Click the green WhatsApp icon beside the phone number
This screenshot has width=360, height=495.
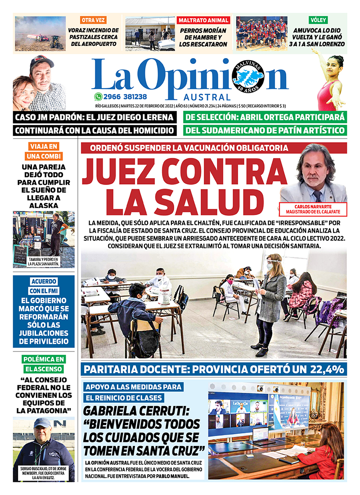pos(98,96)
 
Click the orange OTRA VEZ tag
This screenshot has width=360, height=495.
pos(93,20)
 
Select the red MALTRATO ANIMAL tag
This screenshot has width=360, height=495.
pos(204,20)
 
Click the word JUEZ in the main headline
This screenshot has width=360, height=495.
pos(121,173)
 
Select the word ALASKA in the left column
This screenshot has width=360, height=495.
pos(44,205)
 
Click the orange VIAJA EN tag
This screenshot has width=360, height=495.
pos(44,146)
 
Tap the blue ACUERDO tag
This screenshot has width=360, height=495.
pos(44,281)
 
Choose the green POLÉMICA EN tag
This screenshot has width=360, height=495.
pos(44,359)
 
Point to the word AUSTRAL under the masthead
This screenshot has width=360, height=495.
pos(207,98)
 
